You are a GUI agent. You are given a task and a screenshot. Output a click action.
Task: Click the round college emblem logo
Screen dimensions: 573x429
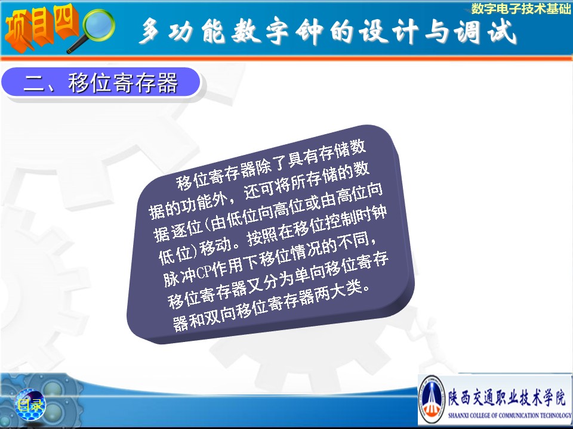pos(432,400)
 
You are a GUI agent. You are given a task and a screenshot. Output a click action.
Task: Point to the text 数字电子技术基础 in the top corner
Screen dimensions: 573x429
pos(520,8)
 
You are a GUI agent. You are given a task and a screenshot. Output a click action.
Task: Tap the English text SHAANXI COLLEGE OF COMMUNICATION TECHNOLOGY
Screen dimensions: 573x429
pos(509,415)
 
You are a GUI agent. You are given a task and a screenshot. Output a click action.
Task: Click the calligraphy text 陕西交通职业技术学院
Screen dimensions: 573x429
pos(507,397)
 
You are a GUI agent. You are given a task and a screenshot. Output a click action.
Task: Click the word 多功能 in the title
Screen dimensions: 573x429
pos(183,30)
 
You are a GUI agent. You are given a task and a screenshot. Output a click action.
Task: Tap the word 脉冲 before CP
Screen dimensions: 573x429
pos(179,276)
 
